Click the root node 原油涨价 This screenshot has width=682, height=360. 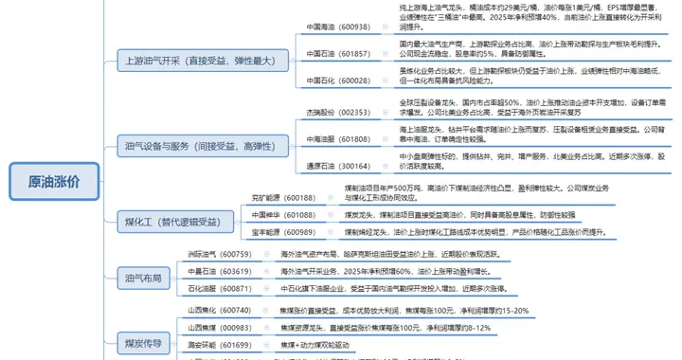54,181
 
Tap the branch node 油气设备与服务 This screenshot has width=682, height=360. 200,146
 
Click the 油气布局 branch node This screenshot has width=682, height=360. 143,278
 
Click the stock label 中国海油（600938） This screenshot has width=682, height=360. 338,27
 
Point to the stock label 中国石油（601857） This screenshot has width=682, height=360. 338,54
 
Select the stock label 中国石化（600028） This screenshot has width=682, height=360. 338,81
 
